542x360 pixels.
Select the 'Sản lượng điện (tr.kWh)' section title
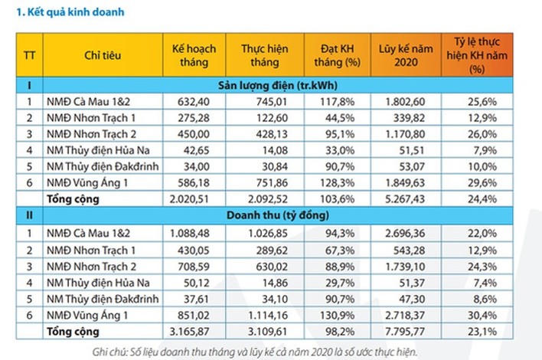click(x=277, y=85)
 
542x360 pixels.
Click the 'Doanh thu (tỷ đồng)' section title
click(x=277, y=215)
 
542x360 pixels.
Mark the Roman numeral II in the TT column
click(x=28, y=215)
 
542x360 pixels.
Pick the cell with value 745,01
click(x=264, y=101)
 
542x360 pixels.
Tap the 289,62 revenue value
click(x=264, y=249)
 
